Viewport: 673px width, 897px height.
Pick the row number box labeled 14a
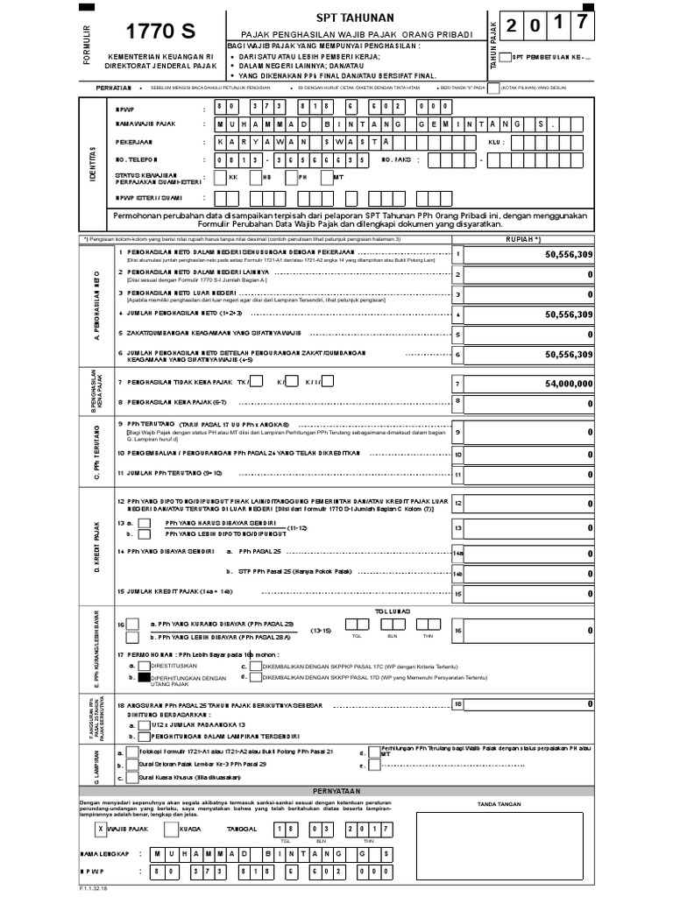tap(457, 553)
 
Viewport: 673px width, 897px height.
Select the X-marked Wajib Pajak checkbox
tap(101, 829)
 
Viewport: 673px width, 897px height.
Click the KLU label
tap(495, 140)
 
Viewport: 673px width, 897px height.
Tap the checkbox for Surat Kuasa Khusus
tap(131, 776)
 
